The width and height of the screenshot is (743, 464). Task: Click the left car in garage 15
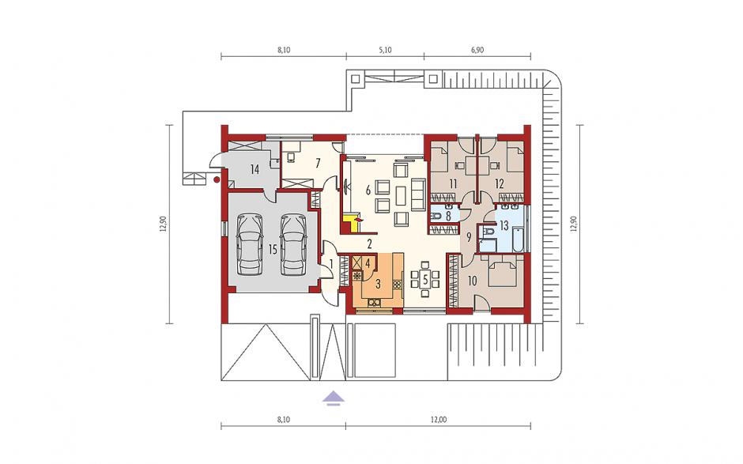(250, 244)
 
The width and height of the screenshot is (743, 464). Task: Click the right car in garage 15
(294, 244)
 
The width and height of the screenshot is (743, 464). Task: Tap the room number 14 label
(255, 169)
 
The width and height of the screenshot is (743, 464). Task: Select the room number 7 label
(318, 164)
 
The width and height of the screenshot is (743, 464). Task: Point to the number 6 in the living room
(368, 191)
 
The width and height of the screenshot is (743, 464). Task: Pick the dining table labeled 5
(425, 280)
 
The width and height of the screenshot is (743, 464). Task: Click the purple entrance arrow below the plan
(334, 398)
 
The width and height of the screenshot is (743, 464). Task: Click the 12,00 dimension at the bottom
(439, 420)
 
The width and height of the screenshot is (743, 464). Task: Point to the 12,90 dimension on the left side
(163, 224)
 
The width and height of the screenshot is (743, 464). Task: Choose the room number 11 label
(453, 184)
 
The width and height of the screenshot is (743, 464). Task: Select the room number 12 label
(499, 184)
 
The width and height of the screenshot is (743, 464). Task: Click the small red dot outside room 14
(217, 179)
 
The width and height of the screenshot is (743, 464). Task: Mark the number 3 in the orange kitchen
(378, 285)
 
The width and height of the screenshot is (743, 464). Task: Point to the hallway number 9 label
(469, 237)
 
